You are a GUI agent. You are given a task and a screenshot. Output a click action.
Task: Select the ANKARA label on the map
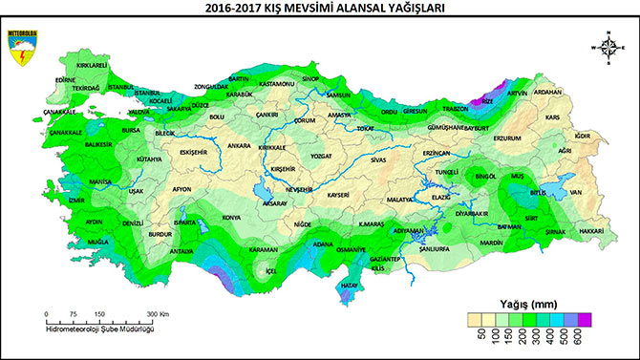click(x=239, y=146)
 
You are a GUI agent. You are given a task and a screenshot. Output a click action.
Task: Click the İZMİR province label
click(x=77, y=201)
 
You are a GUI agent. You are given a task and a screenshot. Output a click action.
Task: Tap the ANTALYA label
click(x=181, y=251)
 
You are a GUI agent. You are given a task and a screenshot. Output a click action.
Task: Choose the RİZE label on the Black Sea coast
click(x=488, y=100)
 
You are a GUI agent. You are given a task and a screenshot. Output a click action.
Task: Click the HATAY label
click(x=351, y=285)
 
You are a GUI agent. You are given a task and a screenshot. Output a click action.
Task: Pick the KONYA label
click(x=231, y=218)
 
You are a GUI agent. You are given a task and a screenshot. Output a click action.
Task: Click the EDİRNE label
click(x=65, y=80)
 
